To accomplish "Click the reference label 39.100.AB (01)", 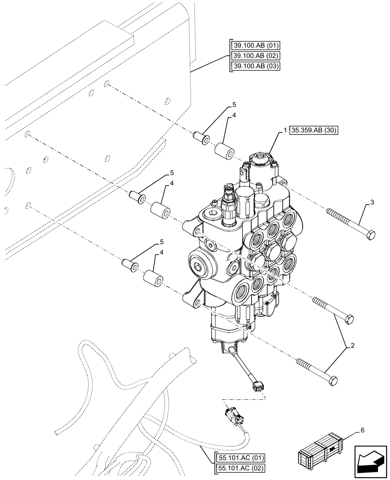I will click(256, 46).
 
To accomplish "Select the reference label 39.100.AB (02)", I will click(256, 56).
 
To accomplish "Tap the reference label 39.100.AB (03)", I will click(256, 66).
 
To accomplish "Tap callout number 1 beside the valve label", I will click(285, 131).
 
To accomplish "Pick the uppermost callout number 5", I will click(234, 104).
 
